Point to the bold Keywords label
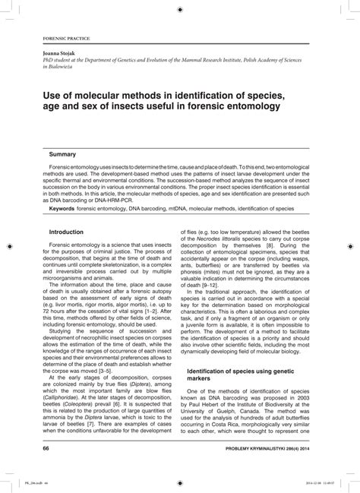[x=66, y=207]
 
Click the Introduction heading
[x=66, y=231]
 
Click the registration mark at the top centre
[x=179, y=9]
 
